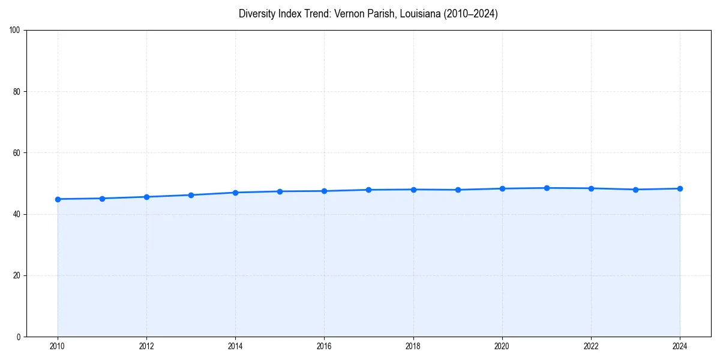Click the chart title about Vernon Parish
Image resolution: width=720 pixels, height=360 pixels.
tap(368, 14)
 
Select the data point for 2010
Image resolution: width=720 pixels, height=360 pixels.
tap(58, 199)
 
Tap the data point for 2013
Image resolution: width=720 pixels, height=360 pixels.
tap(191, 195)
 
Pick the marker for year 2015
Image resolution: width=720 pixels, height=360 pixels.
tap(280, 191)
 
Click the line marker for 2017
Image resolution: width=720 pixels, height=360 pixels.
tap(368, 190)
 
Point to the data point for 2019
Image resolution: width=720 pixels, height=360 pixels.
tap(458, 190)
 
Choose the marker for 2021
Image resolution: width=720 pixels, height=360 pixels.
tap(547, 188)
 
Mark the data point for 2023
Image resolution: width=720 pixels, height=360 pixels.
tap(635, 190)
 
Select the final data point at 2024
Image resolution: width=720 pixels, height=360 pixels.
tap(680, 188)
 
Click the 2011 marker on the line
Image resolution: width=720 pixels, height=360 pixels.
tap(102, 199)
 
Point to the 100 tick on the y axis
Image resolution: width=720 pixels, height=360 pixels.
tap(15, 31)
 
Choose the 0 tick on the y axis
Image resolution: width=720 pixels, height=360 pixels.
tap(19, 337)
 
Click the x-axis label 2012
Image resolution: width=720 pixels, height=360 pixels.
tap(146, 346)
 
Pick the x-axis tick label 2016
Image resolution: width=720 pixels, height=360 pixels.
tap(324, 346)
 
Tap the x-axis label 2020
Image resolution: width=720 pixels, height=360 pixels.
tap(502, 346)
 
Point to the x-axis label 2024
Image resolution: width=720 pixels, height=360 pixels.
tap(680, 346)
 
